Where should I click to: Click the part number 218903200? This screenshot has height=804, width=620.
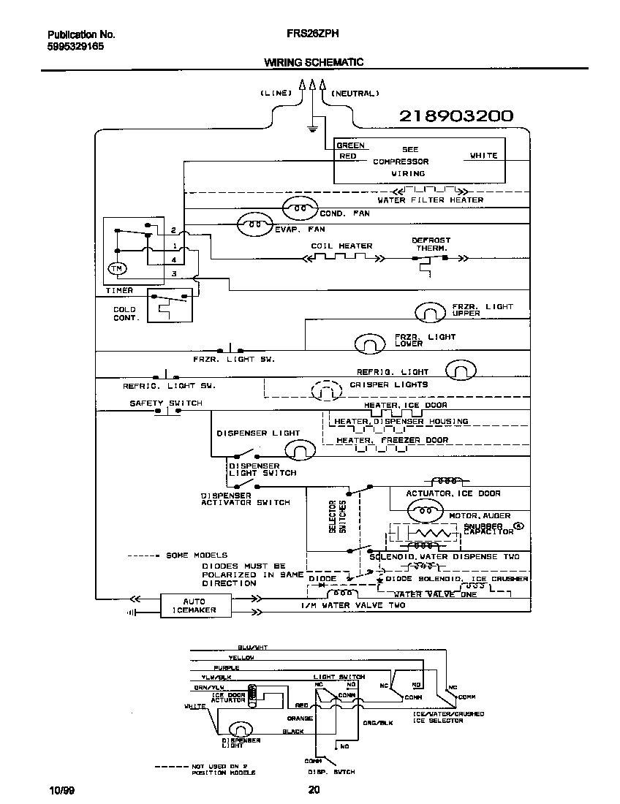[456, 116]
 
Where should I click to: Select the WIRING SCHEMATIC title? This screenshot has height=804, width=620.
[314, 63]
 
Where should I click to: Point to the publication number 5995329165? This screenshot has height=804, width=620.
[75, 45]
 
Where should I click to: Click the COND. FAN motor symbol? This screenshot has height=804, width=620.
[299, 209]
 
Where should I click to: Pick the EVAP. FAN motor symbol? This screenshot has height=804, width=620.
[254, 226]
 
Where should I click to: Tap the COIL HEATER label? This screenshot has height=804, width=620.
[341, 246]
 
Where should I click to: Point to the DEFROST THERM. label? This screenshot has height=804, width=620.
[431, 243]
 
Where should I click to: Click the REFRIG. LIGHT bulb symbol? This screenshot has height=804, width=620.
[461, 372]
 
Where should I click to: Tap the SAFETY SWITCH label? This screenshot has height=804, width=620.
[166, 403]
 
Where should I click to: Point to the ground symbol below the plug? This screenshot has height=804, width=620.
[312, 129]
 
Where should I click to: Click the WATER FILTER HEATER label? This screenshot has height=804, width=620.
[430, 200]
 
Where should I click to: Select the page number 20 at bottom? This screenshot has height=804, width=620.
[314, 789]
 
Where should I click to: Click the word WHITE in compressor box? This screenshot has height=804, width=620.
[483, 156]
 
